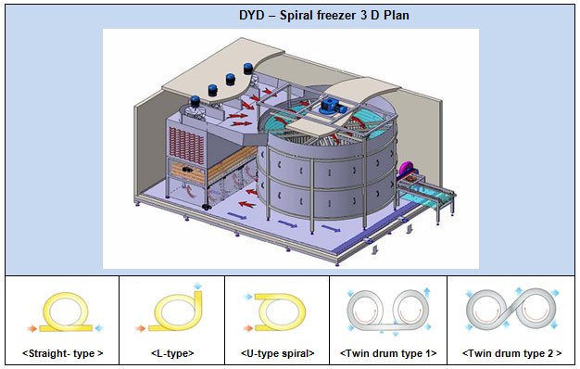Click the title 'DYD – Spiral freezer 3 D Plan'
[x=324, y=15]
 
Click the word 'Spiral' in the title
[x=296, y=15]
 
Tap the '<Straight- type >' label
[x=62, y=353]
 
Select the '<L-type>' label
[x=172, y=353]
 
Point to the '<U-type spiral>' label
[x=277, y=353]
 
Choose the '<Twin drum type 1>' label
[x=388, y=353]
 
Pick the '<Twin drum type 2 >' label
[x=512, y=353]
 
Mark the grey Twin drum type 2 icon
[x=511, y=311]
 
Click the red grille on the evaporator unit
[x=186, y=146]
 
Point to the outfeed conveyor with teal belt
[x=427, y=196]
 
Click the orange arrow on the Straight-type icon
[x=32, y=328]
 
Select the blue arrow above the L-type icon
[x=198, y=286]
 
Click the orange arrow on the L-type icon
[x=140, y=328]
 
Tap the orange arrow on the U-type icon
[x=247, y=328]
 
